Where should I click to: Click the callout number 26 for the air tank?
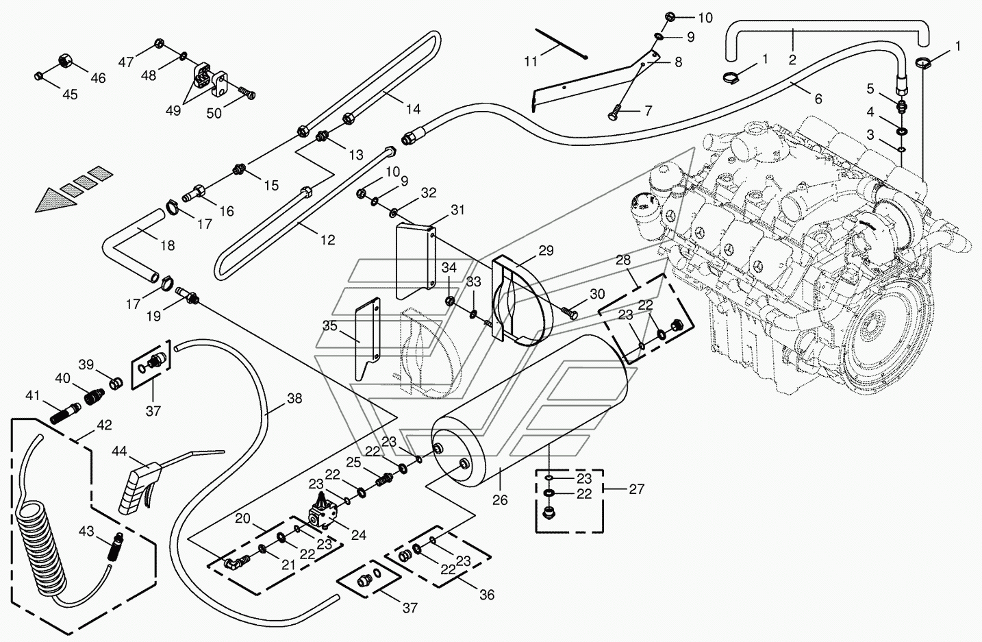point(500,499)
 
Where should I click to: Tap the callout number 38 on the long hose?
point(294,398)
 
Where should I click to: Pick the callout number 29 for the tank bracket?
point(545,251)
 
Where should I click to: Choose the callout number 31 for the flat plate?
point(457,210)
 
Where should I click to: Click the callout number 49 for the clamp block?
point(173,111)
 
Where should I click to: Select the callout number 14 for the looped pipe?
point(412,109)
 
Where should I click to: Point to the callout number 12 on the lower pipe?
point(327,240)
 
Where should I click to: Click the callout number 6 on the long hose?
point(818,99)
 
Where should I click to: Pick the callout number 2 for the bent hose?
point(792,60)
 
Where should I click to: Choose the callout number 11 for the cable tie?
point(531,62)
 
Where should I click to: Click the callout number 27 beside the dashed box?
point(636,489)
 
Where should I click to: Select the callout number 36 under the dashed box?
point(486,595)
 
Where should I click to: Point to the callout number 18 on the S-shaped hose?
point(166,245)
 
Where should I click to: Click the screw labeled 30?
point(569,312)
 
